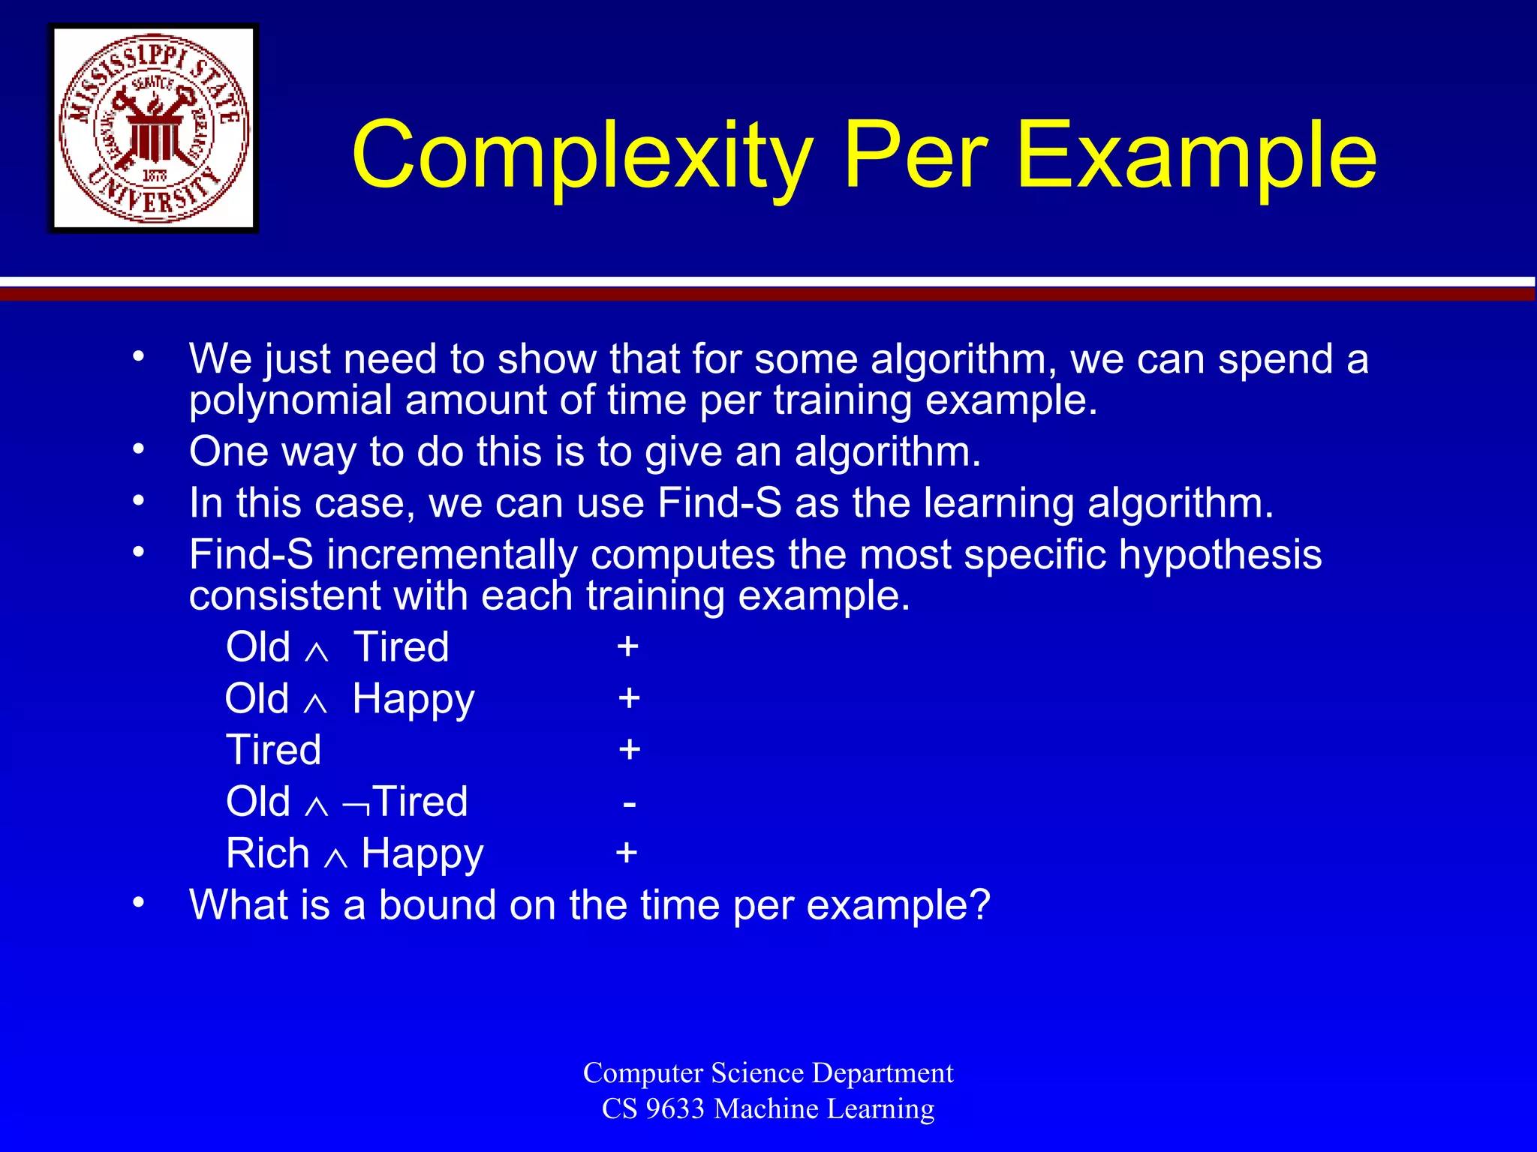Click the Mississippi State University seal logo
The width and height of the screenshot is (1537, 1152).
coord(154,128)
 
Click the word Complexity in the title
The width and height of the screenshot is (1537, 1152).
coord(582,156)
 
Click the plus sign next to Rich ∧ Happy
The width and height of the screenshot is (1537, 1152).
coord(627,853)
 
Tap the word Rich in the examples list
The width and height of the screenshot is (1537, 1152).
coord(268,853)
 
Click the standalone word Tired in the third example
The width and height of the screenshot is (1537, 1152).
coord(274,750)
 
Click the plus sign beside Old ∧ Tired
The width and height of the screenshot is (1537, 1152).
coord(628,646)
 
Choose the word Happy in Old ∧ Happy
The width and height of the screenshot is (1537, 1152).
coord(414,700)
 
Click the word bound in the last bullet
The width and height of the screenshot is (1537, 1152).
coord(437,905)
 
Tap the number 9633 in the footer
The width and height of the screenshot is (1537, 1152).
coord(675,1108)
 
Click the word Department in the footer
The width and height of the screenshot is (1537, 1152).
coord(883,1072)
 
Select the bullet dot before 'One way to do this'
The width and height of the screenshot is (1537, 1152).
coord(138,449)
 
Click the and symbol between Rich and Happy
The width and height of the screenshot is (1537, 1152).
coord(335,858)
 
